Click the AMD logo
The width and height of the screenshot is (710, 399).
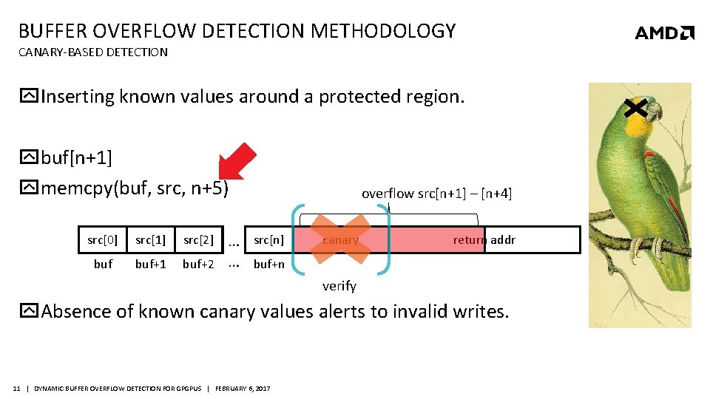(x=664, y=33)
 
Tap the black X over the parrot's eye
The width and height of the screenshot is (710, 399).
(x=636, y=109)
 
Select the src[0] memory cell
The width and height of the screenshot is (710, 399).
(x=102, y=239)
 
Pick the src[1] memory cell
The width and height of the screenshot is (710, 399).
(x=150, y=239)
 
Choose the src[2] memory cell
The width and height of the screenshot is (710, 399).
(x=198, y=239)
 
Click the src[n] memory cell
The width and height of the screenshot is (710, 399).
(x=268, y=239)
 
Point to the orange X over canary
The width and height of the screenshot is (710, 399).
(x=340, y=239)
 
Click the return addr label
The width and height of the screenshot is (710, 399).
(x=484, y=239)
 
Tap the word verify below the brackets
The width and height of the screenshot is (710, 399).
(x=339, y=286)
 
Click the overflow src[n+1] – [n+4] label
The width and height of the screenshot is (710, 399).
(x=436, y=194)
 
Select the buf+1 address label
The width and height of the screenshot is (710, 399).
(x=150, y=264)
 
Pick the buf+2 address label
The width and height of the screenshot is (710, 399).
(x=199, y=264)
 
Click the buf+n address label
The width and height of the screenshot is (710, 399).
(x=268, y=264)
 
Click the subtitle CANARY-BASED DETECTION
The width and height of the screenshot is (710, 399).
(x=93, y=52)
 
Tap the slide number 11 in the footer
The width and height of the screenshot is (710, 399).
(x=16, y=389)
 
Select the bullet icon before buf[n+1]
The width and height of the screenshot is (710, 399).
(x=29, y=157)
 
